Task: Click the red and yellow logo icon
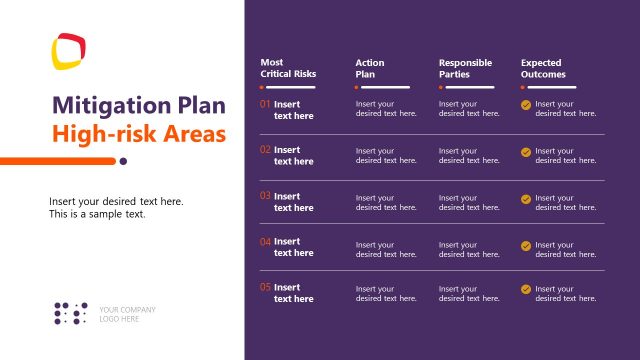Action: [x=69, y=52]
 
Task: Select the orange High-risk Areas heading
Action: [x=139, y=133]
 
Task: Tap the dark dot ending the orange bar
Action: [x=123, y=160]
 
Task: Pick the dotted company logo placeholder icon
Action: [x=71, y=313]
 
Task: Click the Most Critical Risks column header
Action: [x=288, y=68]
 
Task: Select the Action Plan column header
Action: [x=370, y=68]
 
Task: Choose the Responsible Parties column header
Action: [x=465, y=68]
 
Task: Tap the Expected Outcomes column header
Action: [x=543, y=68]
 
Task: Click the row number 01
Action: [x=265, y=104]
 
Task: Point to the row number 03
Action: [x=265, y=196]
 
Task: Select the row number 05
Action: [x=265, y=287]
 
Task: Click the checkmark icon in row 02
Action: [x=526, y=152]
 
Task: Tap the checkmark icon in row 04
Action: [x=526, y=244]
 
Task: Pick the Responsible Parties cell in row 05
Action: [x=469, y=293]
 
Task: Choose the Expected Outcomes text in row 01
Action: [x=565, y=108]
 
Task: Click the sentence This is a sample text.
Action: [x=97, y=214]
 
